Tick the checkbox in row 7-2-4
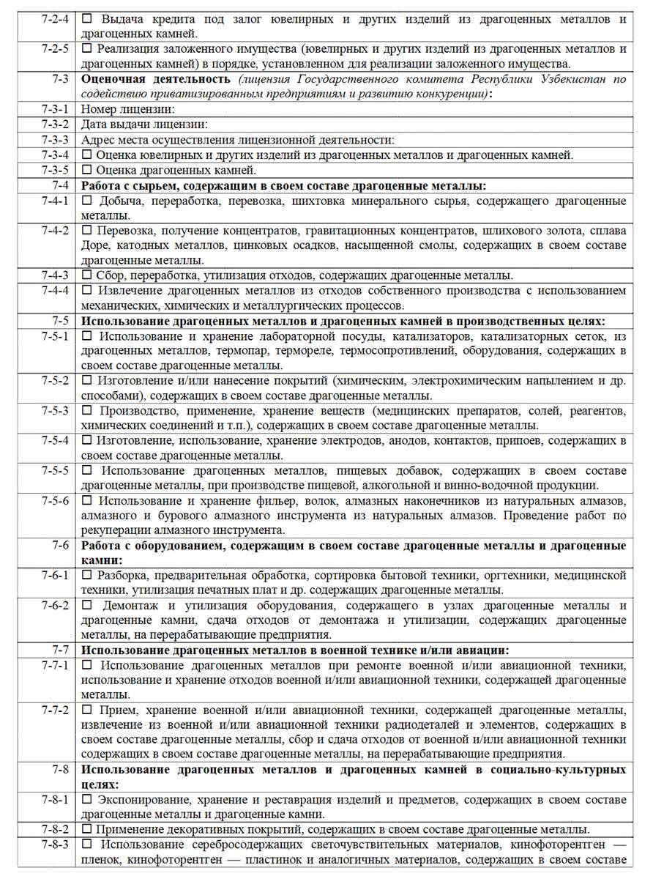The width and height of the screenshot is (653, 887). click(87, 18)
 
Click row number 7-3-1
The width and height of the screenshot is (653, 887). click(55, 109)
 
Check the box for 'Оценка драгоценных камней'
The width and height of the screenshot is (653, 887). click(87, 171)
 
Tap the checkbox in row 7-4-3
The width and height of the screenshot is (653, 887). click(87, 275)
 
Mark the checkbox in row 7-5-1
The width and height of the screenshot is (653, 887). click(87, 336)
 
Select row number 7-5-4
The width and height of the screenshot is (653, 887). click(55, 440)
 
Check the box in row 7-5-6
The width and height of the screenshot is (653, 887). click(87, 501)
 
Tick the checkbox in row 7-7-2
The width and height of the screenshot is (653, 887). click(87, 710)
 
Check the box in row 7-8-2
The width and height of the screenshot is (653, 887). click(87, 830)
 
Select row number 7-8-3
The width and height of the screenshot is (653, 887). click(55, 845)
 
